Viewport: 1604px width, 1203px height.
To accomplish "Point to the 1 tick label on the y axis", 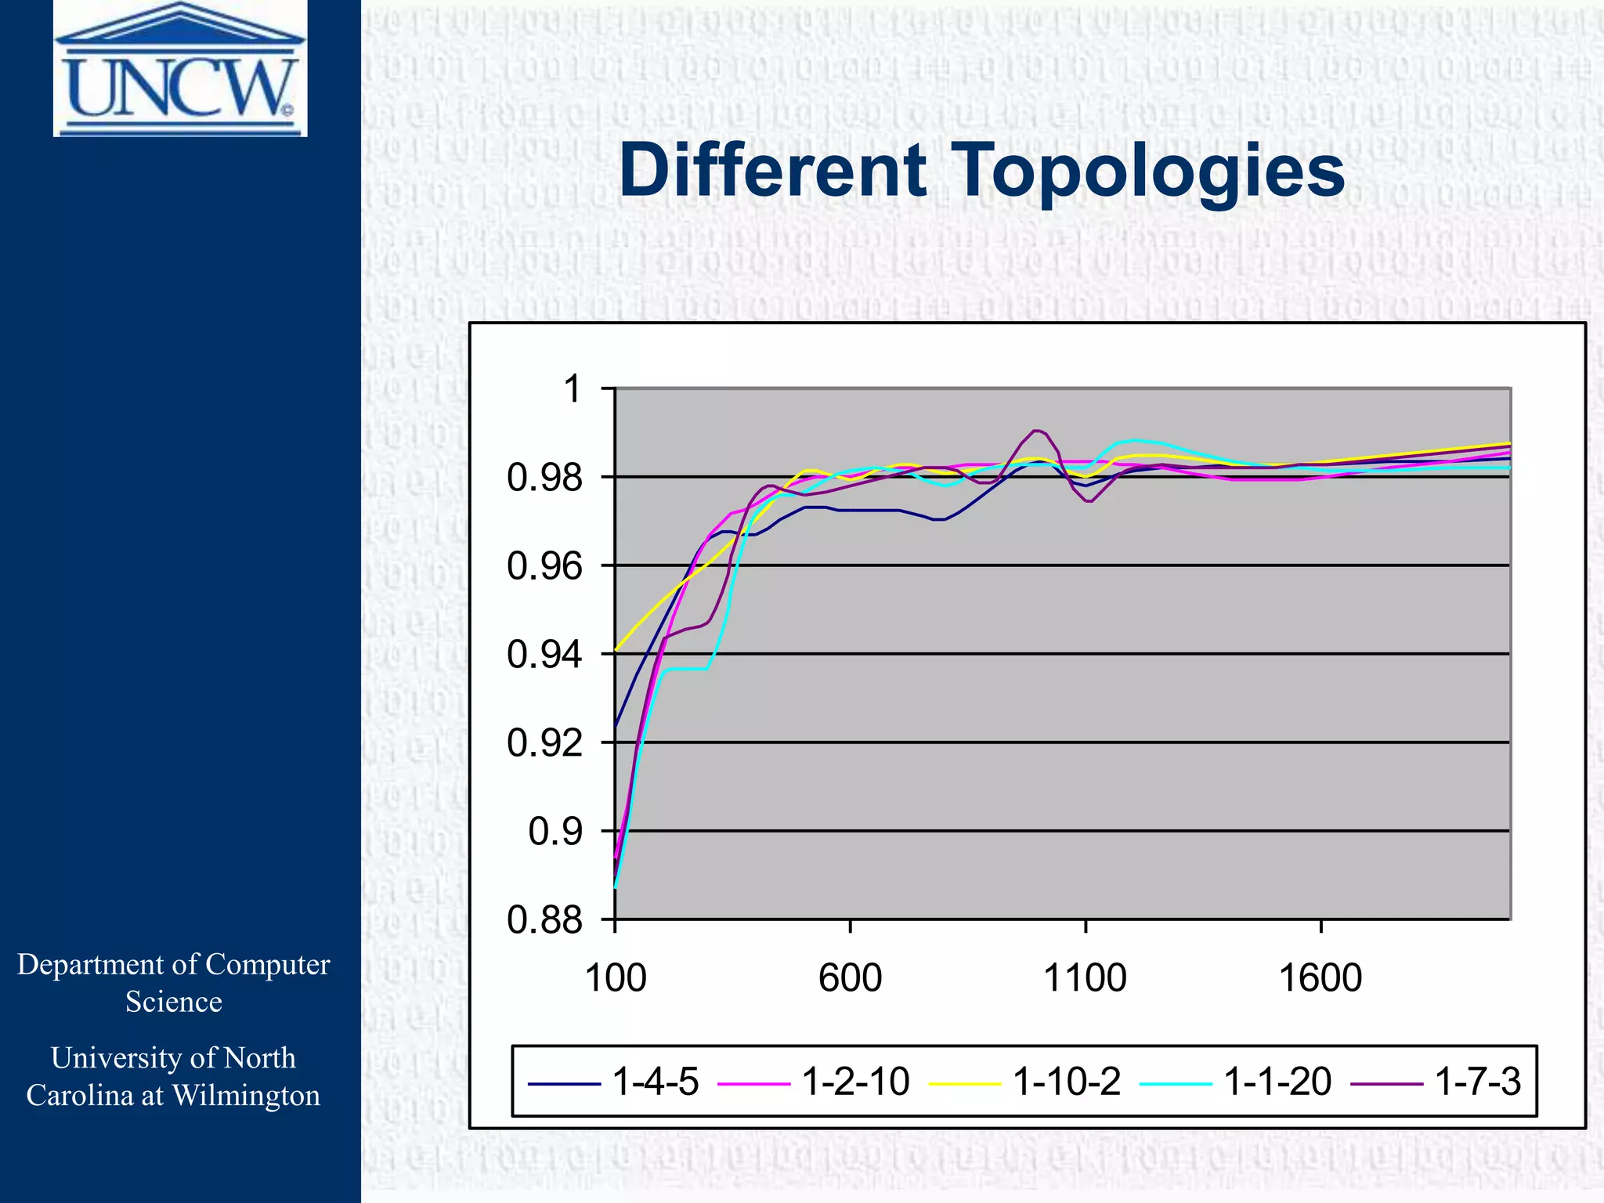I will pos(573,389).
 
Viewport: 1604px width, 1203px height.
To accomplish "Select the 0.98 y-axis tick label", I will pos(545,478).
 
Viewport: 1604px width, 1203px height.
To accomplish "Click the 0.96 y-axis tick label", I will pos(545,566).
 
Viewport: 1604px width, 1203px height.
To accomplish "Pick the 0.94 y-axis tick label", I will pos(545,655).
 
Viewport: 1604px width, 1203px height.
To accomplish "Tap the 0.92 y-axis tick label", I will pos(545,743).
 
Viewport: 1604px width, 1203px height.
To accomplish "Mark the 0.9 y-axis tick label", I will pos(556,832).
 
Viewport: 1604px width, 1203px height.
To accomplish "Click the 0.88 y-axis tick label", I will pos(545,920).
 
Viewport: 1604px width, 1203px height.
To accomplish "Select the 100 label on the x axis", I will pos(616,978).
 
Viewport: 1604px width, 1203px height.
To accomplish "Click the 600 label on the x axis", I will pos(851,978).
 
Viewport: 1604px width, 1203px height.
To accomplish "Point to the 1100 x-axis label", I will pos(1086,978).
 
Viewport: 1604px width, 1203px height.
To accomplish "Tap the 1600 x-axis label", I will pos(1320,978).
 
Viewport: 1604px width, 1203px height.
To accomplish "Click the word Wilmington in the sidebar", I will pos(246,1096).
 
